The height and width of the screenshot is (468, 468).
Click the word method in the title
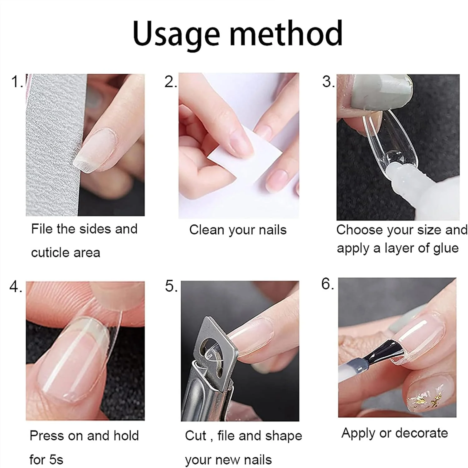click(x=286, y=33)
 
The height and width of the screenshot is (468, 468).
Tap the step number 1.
click(x=16, y=82)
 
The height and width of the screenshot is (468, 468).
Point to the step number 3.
click(x=328, y=82)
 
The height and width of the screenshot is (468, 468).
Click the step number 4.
click(x=16, y=286)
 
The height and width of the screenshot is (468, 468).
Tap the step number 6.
click(x=328, y=284)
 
